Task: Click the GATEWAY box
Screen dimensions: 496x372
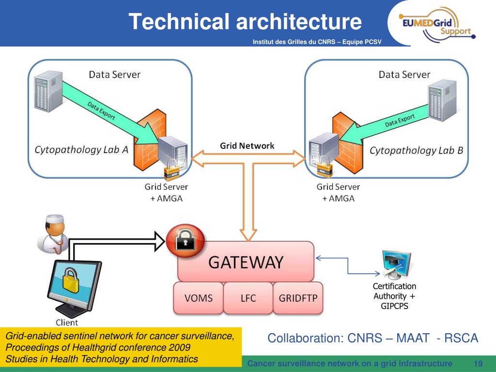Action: coord(246,262)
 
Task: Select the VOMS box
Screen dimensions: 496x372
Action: coord(198,298)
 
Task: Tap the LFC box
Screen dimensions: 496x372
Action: coord(248,298)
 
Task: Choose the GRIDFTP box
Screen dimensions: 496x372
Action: coord(298,298)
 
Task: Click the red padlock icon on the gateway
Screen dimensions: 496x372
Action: coord(186,241)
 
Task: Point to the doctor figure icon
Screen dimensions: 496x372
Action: coord(53,234)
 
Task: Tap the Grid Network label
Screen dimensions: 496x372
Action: coord(247,146)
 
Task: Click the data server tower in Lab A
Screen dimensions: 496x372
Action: coord(48,91)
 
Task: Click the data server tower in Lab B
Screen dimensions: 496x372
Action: coord(442,100)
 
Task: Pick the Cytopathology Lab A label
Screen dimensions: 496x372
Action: coord(81,150)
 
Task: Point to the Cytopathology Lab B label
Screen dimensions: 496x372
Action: coord(416,151)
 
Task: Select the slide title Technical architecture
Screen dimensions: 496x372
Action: coord(245,21)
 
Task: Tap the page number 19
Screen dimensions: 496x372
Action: coord(478,363)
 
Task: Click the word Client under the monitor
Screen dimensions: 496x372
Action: coord(67,323)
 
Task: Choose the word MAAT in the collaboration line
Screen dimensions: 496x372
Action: coord(413,338)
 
